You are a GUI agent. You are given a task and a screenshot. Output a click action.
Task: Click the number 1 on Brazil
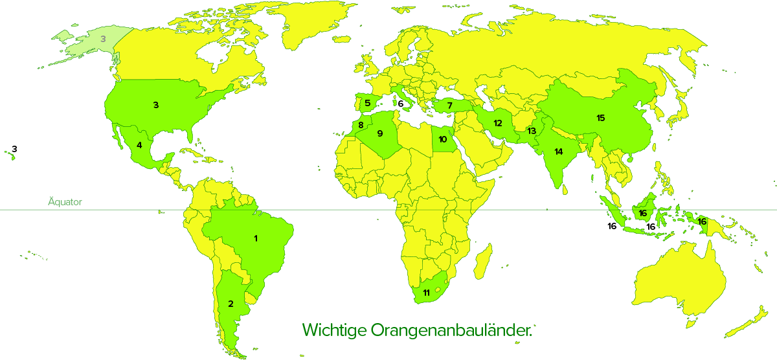click(x=256, y=238)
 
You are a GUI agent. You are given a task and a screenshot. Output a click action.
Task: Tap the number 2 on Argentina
click(x=230, y=304)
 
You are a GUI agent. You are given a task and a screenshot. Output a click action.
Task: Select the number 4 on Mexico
click(x=139, y=145)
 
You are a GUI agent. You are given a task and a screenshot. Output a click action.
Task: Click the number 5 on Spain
click(x=367, y=103)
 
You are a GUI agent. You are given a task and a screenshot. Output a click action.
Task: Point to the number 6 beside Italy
click(x=401, y=104)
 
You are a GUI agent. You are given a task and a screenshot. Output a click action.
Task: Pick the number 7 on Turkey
click(x=449, y=105)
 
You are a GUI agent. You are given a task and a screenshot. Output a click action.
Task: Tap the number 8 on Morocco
click(x=361, y=125)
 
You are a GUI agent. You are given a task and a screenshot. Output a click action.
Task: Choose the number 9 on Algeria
click(x=380, y=133)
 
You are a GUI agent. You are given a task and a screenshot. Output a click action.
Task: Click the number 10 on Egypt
click(x=443, y=139)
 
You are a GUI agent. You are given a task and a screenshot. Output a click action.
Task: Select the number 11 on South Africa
click(x=426, y=293)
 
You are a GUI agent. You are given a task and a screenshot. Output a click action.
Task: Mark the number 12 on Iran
click(x=498, y=123)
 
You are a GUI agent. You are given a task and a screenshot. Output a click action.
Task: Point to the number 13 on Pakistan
click(x=532, y=131)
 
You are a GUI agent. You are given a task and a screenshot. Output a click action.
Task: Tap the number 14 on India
click(x=557, y=152)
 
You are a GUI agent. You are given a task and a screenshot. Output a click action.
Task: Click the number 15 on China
click(x=600, y=118)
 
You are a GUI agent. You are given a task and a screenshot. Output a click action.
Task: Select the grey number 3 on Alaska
click(x=103, y=39)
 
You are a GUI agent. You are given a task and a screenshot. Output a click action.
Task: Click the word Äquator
click(x=65, y=202)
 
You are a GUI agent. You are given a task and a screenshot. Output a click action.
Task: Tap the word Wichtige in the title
click(x=333, y=330)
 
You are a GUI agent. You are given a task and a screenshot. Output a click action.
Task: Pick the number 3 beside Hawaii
click(x=14, y=149)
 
